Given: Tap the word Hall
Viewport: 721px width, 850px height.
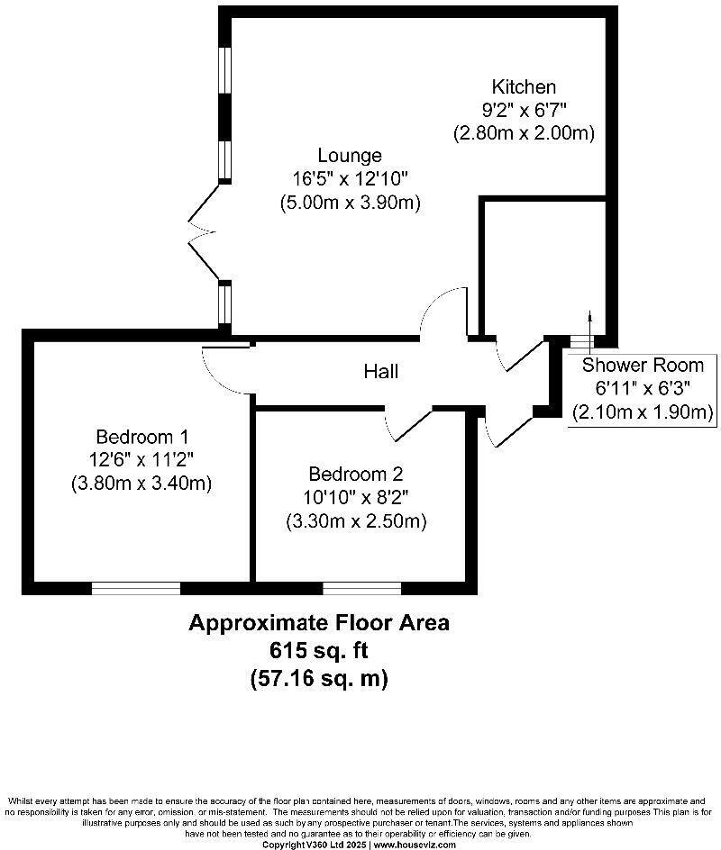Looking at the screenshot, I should point(381,371).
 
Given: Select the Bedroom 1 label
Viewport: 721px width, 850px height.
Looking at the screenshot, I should point(141,438).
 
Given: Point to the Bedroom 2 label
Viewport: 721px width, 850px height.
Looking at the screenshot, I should point(355,475).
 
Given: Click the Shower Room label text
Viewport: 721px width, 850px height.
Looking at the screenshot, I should point(642,366).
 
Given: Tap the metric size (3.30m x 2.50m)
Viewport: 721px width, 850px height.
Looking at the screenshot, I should point(356,520).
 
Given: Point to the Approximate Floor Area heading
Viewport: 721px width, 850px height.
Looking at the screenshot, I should point(318,622).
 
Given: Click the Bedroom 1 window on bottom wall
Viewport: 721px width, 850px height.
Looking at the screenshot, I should point(135,588).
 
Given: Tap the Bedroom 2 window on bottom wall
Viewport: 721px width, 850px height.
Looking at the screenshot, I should point(361,588).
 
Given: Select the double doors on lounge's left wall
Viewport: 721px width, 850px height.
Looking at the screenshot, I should point(204,233).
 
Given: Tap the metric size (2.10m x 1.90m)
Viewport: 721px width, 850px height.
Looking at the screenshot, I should point(642,411).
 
